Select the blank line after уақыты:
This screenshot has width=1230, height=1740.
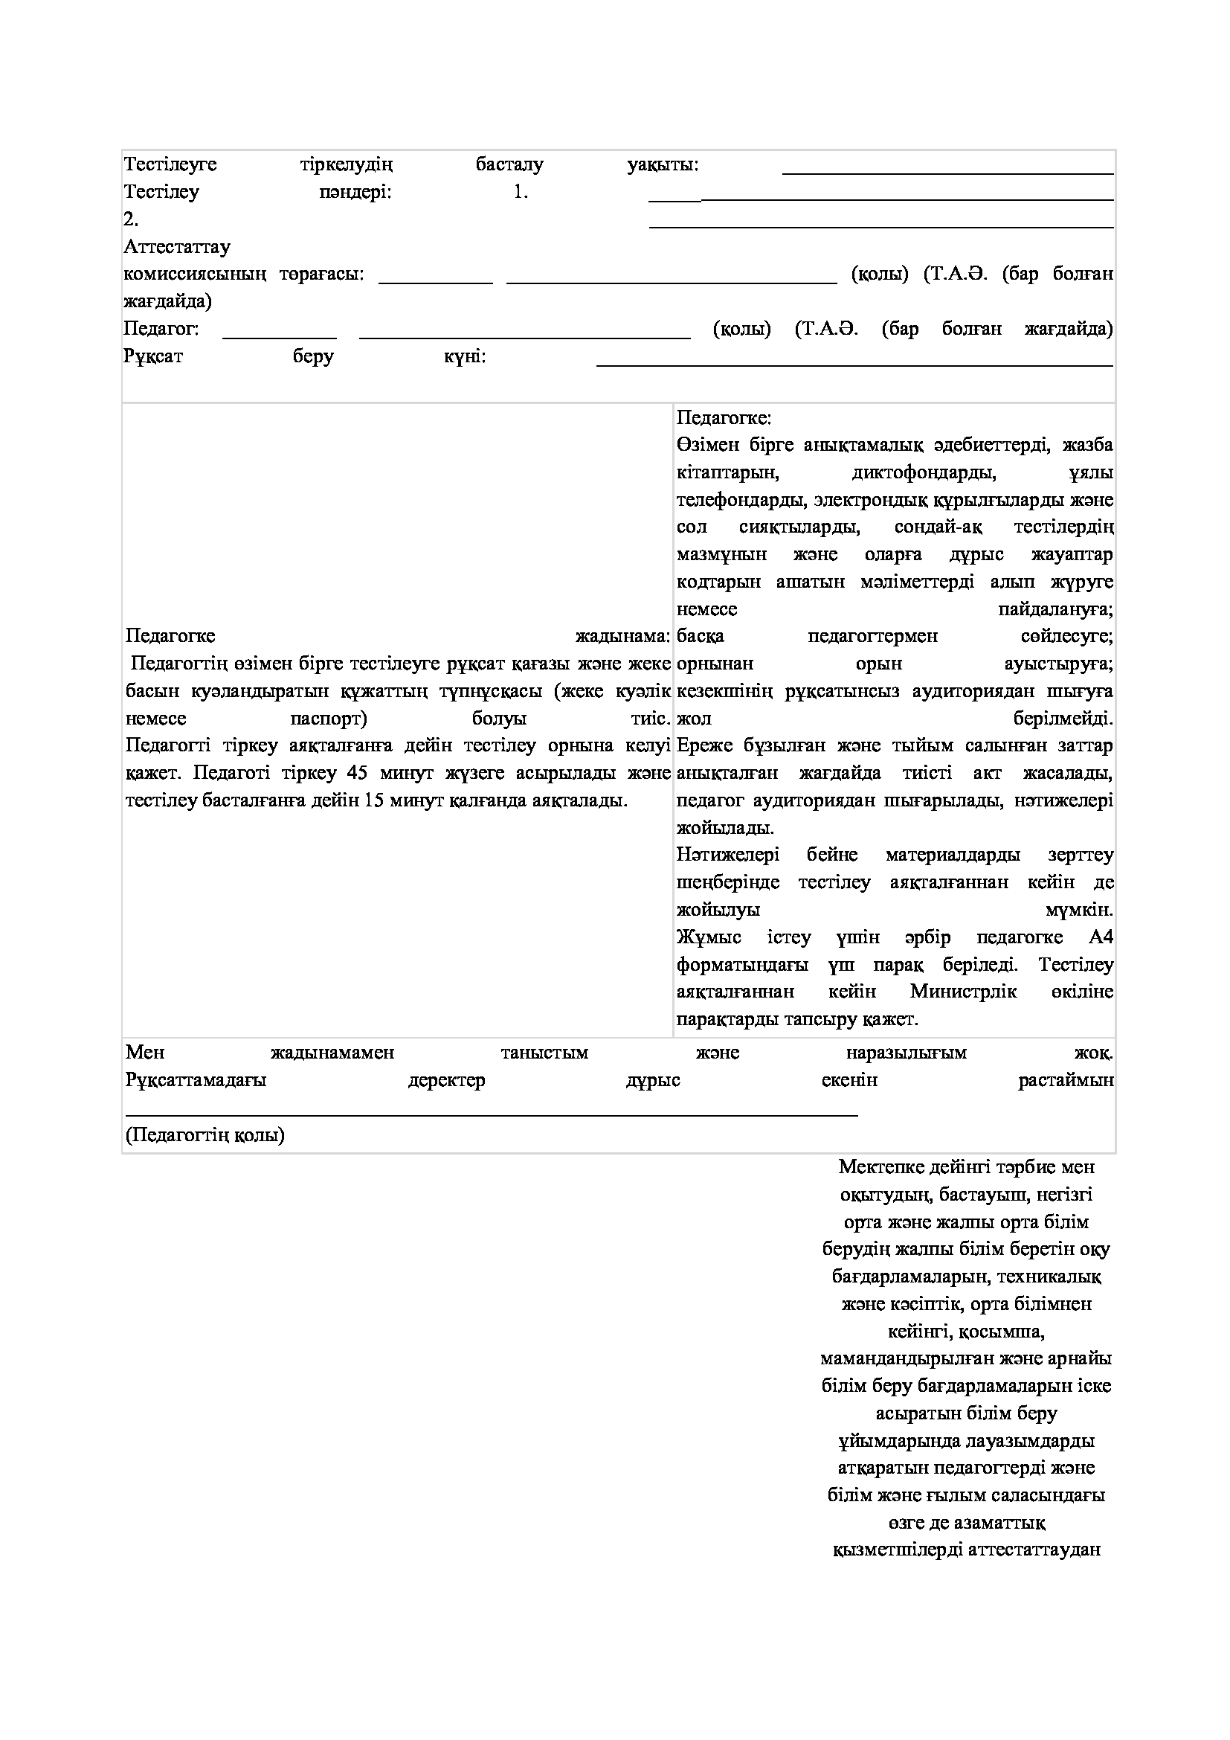(x=947, y=173)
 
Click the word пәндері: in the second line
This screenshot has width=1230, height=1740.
(x=355, y=192)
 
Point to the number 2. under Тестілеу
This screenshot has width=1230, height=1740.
(x=131, y=219)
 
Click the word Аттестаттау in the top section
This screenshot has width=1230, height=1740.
(x=177, y=246)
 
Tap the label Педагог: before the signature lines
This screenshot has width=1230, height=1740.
(x=161, y=328)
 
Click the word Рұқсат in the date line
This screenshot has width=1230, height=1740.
(x=153, y=356)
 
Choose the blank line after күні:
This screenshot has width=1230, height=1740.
(x=854, y=365)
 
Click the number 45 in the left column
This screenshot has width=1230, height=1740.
(x=357, y=772)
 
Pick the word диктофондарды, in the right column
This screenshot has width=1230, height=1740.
(x=924, y=473)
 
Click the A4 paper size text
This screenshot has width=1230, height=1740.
(x=1101, y=937)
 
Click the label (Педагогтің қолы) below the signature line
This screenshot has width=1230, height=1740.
(x=205, y=1135)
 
